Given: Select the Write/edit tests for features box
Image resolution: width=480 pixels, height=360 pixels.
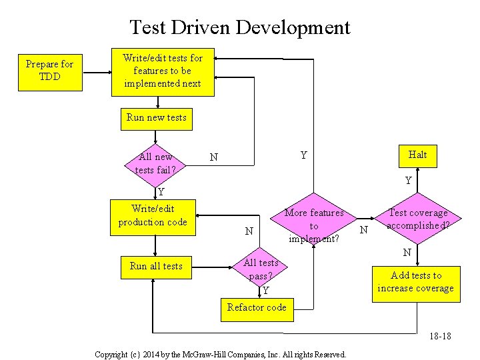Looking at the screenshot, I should click(162, 71).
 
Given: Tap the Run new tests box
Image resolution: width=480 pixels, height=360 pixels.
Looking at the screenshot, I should click(157, 118).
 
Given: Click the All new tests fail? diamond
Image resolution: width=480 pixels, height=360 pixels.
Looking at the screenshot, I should click(155, 163).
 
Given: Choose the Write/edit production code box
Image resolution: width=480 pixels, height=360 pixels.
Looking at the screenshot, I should click(153, 216).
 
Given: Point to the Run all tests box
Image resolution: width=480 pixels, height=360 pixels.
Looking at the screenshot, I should click(155, 266).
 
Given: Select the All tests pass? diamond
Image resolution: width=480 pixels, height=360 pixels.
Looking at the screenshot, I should click(261, 269).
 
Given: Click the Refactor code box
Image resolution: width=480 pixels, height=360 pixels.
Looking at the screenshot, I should click(257, 308).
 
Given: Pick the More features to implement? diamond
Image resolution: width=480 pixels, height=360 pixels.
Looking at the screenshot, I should click(314, 226).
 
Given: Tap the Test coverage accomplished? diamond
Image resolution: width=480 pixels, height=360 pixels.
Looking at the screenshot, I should click(418, 219).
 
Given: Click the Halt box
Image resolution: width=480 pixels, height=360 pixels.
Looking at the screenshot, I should click(417, 155).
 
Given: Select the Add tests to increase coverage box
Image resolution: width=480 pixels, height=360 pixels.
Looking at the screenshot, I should click(415, 282).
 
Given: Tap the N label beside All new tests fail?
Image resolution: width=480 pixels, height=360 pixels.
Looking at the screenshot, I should click(213, 158).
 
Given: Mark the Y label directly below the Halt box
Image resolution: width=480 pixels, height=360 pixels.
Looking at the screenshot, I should click(409, 181).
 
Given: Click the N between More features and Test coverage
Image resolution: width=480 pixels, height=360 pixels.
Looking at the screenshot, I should click(364, 231).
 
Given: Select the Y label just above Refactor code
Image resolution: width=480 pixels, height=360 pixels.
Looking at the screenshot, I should click(265, 291).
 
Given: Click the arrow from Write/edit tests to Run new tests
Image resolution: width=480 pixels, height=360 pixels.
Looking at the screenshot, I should click(157, 102).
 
